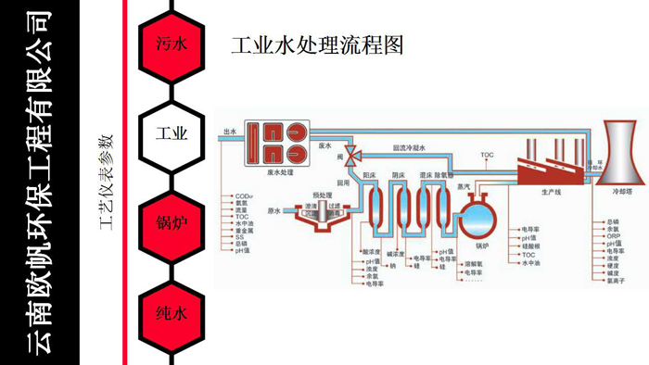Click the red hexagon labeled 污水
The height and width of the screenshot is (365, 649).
point(172,44)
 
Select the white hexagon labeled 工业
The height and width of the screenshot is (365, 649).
point(172,133)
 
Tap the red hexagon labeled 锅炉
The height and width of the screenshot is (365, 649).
point(172,223)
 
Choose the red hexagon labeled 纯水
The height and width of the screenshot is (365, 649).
point(172,313)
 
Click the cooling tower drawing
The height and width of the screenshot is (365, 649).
point(614,153)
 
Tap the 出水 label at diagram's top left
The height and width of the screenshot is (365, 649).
point(232,132)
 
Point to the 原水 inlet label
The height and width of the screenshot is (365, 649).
point(274,210)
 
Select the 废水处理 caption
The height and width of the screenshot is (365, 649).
point(280,172)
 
